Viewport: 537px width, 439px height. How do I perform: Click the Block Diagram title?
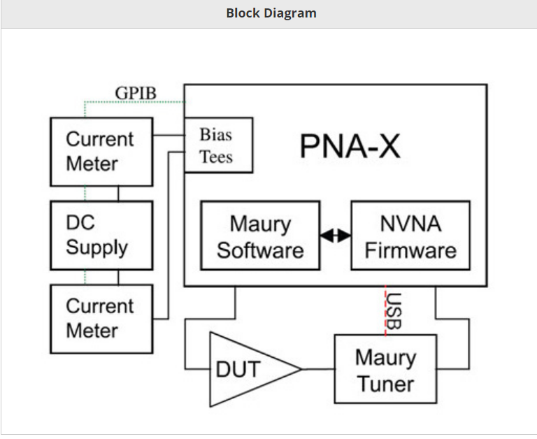click(x=271, y=13)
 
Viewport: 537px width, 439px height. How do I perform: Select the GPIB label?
click(x=136, y=93)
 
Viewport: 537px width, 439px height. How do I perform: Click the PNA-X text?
click(x=350, y=146)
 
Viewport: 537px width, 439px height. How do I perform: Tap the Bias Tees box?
click(x=217, y=145)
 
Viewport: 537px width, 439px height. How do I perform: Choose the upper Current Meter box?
click(x=101, y=152)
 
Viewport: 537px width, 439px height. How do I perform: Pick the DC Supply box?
click(x=101, y=236)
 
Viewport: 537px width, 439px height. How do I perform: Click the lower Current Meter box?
click(x=101, y=318)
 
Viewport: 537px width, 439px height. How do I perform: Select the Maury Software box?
click(x=260, y=236)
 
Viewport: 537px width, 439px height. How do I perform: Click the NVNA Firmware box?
click(x=410, y=236)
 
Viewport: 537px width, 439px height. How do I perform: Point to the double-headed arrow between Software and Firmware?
click(x=336, y=236)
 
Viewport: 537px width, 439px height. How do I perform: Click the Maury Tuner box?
click(x=385, y=369)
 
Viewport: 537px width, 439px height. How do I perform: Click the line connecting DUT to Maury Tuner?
click(x=318, y=369)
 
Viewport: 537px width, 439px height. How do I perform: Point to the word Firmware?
click(x=410, y=250)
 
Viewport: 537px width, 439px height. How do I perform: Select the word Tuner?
click(x=385, y=383)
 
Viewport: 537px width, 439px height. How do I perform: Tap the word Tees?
click(x=216, y=157)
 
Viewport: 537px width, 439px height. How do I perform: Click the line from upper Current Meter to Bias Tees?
click(x=168, y=134)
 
